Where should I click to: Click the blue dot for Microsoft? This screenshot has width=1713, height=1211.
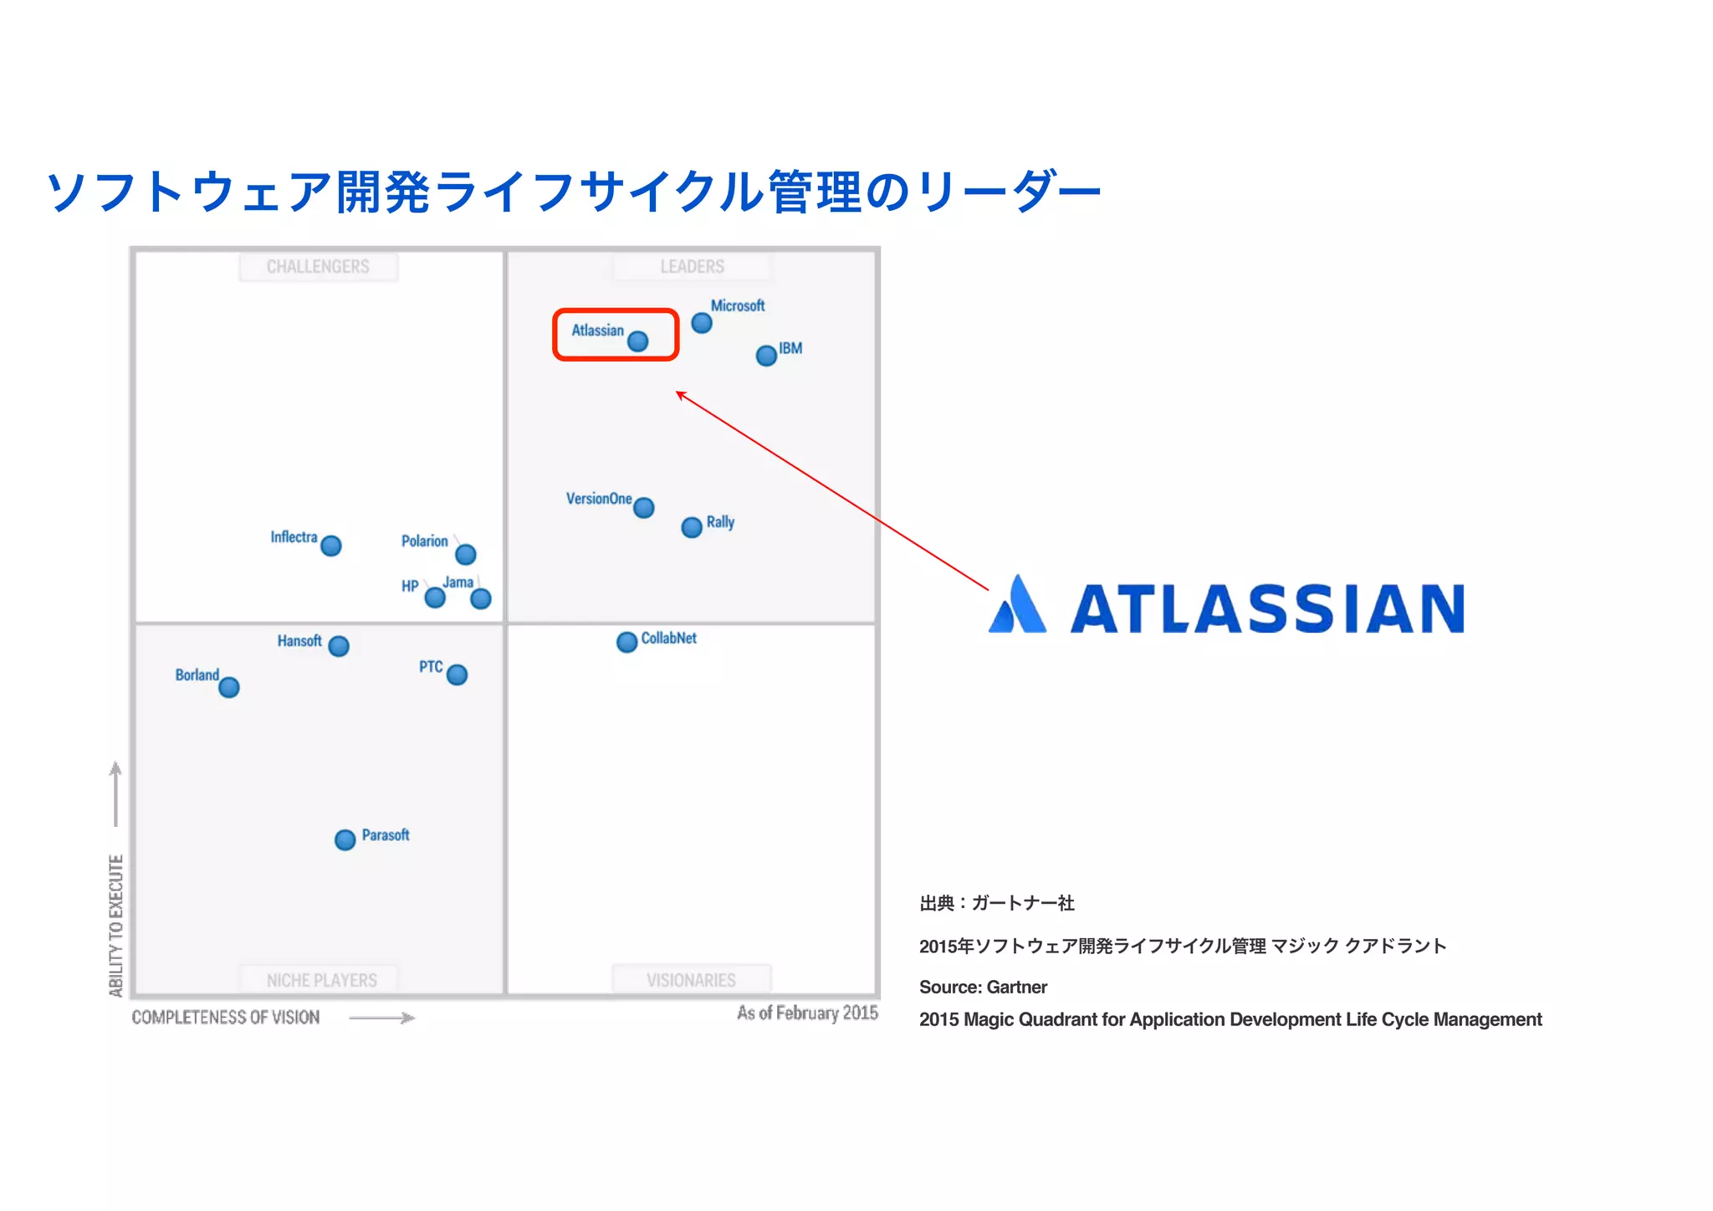702,323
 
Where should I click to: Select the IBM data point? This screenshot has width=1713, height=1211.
766,356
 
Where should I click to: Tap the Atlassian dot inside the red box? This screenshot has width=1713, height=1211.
638,341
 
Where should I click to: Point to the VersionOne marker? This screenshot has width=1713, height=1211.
644,508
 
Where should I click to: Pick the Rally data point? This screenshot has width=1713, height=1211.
692,527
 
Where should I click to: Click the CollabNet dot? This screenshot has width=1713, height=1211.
626,642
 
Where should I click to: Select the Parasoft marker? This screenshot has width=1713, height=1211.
345,839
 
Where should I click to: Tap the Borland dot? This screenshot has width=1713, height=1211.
229,687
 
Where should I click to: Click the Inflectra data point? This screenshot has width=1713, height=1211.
331,546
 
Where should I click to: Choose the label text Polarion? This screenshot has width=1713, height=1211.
424,541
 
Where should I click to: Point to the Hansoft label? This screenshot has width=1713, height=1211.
299,641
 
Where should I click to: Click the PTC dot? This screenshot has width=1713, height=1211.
457,675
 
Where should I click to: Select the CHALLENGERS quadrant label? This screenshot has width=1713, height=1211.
318,267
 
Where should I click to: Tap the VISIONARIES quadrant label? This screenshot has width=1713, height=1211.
691,980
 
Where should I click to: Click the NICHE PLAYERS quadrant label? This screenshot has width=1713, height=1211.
322,980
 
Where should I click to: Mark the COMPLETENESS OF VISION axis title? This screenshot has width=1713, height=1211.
226,1018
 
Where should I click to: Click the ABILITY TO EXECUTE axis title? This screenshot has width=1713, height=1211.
116,926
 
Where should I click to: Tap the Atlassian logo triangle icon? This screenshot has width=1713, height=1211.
1017,604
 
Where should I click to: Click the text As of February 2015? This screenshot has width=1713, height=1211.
807,1013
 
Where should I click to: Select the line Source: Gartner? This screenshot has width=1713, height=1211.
983,988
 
